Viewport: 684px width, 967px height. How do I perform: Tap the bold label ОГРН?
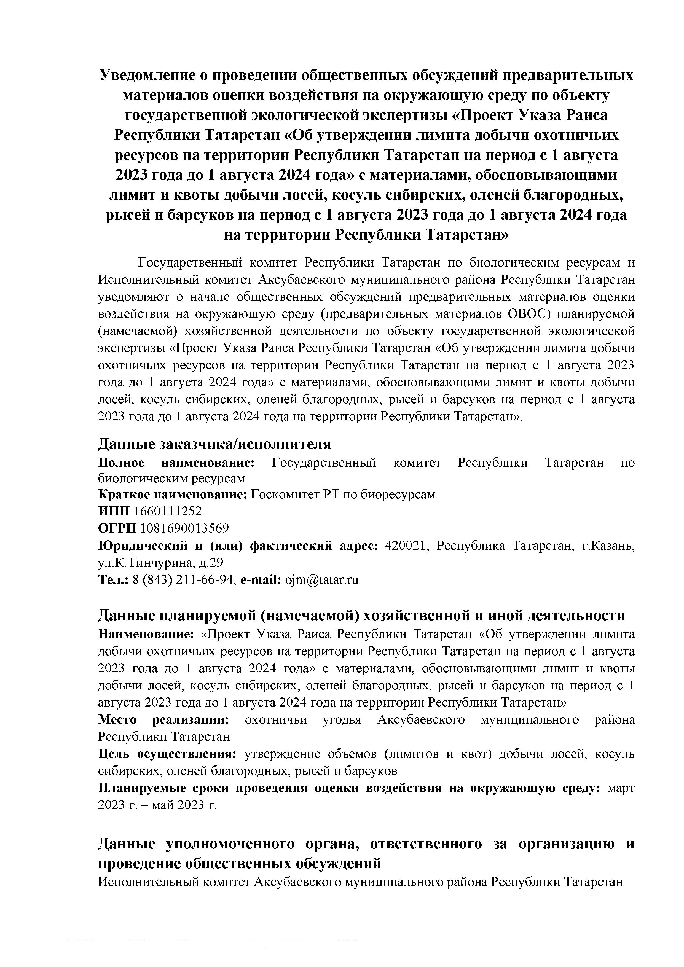point(117,528)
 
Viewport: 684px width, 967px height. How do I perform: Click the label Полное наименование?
point(176,463)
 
